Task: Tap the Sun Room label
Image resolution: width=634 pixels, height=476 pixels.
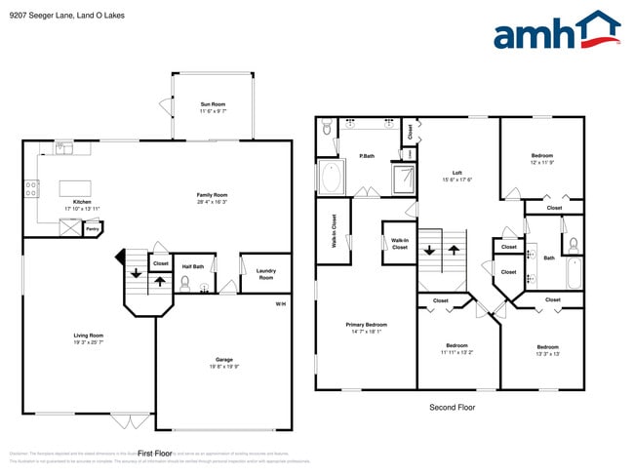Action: point(213,104)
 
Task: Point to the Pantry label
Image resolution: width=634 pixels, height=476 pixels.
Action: point(93,228)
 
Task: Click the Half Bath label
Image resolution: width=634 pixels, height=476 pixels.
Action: point(193,266)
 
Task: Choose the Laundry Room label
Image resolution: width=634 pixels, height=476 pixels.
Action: point(265,274)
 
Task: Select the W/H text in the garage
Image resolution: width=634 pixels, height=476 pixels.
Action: point(280,305)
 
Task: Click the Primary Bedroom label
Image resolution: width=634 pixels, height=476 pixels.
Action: point(366,325)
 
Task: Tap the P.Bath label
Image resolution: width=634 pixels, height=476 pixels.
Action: point(367,156)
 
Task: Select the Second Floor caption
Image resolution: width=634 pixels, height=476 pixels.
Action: point(453,407)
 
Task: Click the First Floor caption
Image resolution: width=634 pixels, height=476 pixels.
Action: point(154,454)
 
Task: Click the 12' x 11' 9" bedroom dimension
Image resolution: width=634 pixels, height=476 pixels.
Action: point(542,162)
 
